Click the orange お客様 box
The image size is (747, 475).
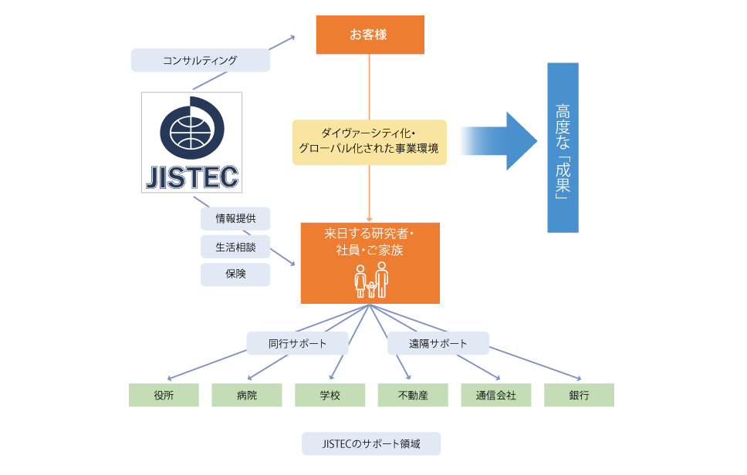(x=370, y=35)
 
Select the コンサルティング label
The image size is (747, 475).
(x=201, y=60)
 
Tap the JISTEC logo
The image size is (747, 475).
(x=192, y=143)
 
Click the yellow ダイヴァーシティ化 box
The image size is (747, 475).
(x=370, y=142)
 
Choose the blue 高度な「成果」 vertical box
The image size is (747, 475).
(x=563, y=147)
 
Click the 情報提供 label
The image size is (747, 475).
(x=235, y=219)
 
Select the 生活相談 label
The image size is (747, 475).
(x=235, y=247)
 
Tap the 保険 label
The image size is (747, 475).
(x=235, y=275)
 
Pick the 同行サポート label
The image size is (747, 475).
(x=297, y=343)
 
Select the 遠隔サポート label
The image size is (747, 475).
(x=438, y=343)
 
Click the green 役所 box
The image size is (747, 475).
(x=164, y=395)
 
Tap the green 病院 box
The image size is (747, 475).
(x=247, y=395)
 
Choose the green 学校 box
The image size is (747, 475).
(x=330, y=395)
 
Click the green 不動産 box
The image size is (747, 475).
(x=413, y=395)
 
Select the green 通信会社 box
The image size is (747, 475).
(x=496, y=395)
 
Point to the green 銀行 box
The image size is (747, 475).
(x=579, y=395)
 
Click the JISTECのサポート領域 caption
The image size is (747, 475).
(x=370, y=443)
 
